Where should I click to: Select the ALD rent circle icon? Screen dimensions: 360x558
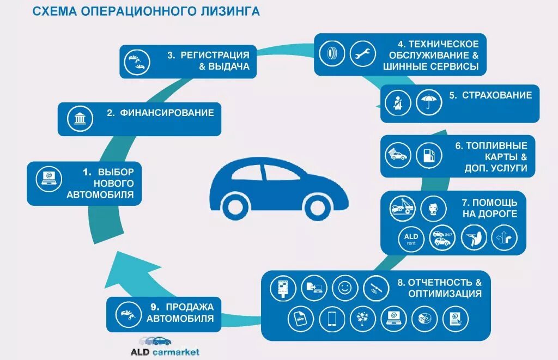pos(411,238)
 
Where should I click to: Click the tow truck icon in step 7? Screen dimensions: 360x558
pos(403,208)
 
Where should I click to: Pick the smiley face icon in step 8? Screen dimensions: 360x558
pos(344,286)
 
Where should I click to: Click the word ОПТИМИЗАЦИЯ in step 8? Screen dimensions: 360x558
pos(445,294)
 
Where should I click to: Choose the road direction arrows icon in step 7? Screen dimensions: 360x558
pos(504,238)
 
